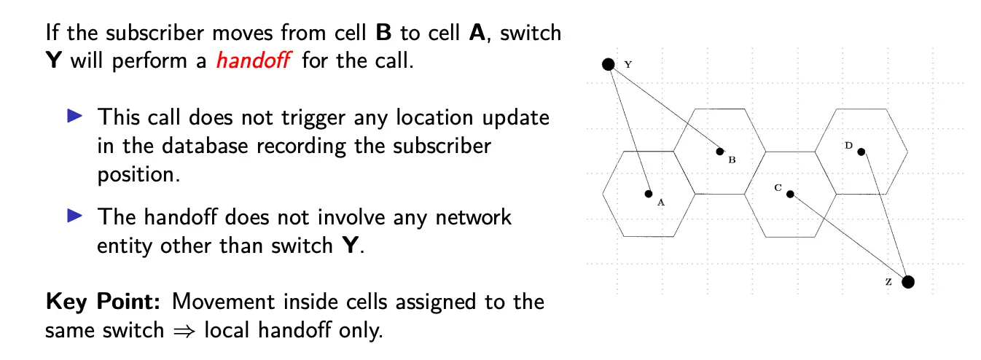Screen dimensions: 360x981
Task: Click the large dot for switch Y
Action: pos(608,64)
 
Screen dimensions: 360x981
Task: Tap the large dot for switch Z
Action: pos(908,282)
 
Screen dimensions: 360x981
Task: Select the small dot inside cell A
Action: pos(648,194)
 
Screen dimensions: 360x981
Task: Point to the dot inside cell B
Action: pos(720,152)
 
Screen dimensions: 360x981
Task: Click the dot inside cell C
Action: pos(790,194)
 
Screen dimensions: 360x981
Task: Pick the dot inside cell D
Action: pos(861,152)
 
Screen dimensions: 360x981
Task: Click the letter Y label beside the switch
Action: pos(628,64)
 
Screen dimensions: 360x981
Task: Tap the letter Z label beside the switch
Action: pos(888,281)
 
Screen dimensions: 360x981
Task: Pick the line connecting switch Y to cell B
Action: pos(664,108)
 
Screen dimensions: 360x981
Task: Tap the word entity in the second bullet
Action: pos(126,246)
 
